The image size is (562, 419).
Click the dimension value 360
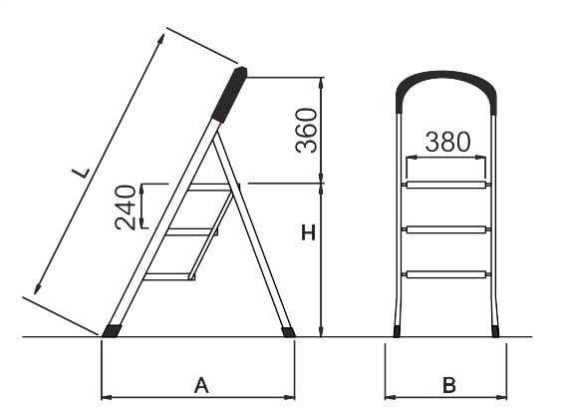(307, 131)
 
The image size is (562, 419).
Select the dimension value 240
(126, 208)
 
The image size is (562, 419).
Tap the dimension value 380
(447, 142)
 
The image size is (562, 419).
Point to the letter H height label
(308, 232)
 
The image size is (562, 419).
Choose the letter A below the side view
(201, 386)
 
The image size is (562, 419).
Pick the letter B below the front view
(448, 386)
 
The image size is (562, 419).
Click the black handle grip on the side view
(229, 94)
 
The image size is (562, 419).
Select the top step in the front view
(446, 185)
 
